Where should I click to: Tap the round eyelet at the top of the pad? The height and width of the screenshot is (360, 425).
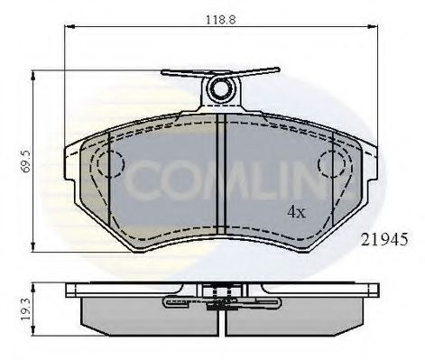click(x=220, y=88)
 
